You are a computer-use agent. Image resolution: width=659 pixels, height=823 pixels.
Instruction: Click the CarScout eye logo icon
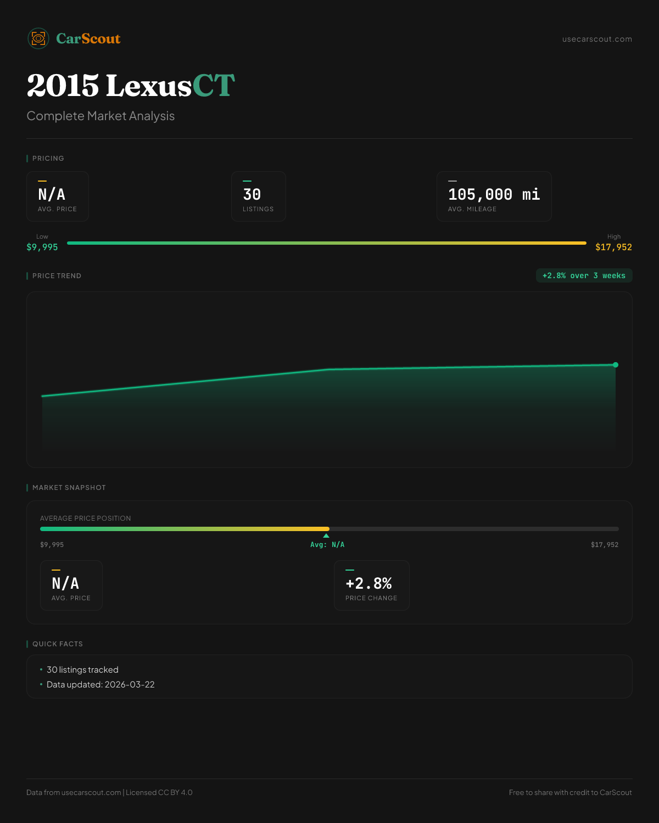tap(38, 38)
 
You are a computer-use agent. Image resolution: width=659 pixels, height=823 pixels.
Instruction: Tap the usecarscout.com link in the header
tap(597, 39)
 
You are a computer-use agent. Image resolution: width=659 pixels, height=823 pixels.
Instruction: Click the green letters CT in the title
tap(214, 86)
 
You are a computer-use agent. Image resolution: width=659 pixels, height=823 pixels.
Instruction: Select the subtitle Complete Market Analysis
tap(100, 116)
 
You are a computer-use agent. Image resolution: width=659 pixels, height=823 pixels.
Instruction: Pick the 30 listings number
tap(252, 194)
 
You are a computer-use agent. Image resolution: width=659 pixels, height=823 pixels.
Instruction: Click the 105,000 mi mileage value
tap(494, 194)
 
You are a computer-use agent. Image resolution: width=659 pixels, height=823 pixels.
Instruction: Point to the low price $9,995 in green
tap(42, 247)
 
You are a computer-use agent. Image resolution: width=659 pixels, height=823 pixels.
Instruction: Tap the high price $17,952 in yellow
tap(613, 247)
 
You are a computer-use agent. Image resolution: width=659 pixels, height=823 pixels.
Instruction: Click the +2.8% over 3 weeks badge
tap(584, 275)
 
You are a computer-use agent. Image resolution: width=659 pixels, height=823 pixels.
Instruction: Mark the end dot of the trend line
tap(616, 365)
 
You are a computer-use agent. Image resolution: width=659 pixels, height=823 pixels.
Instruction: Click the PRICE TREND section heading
tap(57, 276)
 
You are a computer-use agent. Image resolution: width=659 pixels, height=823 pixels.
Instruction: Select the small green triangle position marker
tap(326, 535)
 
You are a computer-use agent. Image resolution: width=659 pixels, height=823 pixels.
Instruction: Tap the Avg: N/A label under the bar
tap(327, 545)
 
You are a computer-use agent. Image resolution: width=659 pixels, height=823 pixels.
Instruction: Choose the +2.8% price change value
tap(368, 583)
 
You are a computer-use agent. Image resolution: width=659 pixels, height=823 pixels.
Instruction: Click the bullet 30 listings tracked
tap(82, 670)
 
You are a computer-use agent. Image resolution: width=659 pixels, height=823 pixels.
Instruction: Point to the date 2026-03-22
tap(130, 685)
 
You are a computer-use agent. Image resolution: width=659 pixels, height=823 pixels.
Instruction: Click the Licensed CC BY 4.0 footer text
tap(159, 792)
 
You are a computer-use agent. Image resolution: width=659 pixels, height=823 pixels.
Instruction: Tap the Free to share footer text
tap(570, 792)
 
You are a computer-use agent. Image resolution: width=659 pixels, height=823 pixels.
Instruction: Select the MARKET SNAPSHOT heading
tap(69, 488)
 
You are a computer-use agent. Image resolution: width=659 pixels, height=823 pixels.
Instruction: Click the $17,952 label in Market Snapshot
tap(605, 545)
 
